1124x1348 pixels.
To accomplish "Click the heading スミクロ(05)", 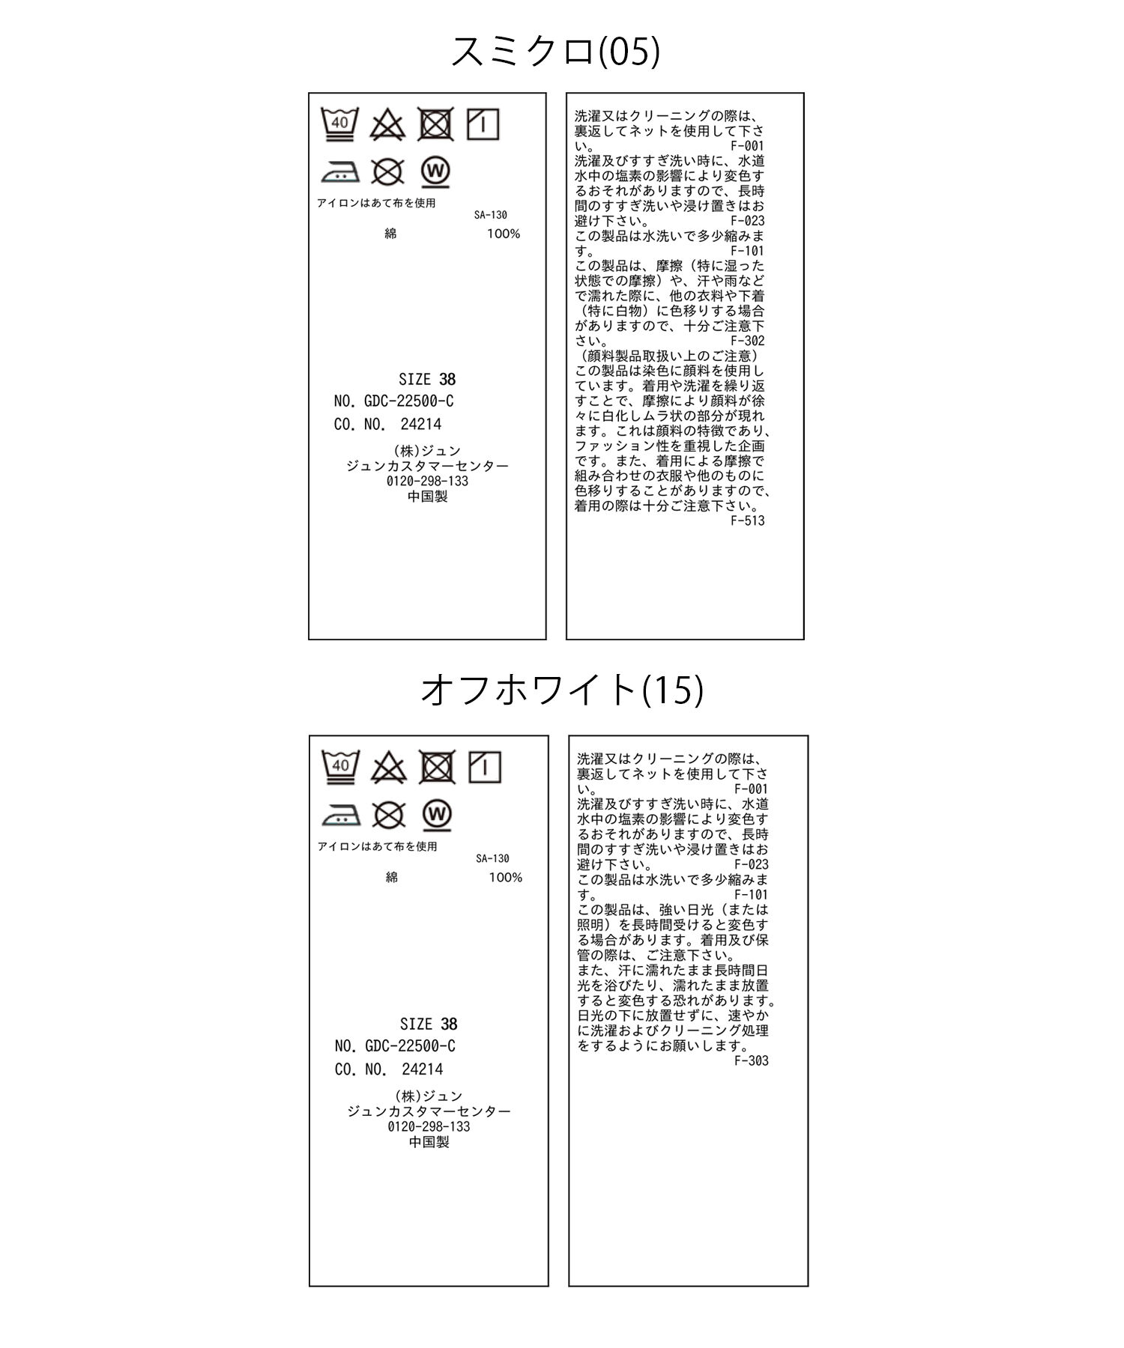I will point(555,52).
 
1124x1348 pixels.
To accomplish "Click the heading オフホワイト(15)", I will point(562,690).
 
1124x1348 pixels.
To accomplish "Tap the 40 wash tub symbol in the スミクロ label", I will point(339,124).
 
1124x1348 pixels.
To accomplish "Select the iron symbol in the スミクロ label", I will point(340,172).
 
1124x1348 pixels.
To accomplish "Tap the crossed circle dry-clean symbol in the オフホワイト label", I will point(389,816).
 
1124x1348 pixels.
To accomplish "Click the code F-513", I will point(748,520).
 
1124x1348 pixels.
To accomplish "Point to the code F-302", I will point(748,341).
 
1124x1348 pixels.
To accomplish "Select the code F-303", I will point(751,1060).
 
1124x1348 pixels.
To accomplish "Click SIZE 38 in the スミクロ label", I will point(427,379).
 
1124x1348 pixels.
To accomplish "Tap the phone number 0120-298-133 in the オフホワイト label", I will point(429,1127).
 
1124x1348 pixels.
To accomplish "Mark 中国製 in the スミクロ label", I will point(427,497).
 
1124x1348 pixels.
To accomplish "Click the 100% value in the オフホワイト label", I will point(505,877).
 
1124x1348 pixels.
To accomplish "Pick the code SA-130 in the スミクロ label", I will point(490,215).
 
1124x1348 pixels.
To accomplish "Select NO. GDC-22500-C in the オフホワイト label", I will point(395,1046).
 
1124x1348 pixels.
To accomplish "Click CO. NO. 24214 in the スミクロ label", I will point(387,424).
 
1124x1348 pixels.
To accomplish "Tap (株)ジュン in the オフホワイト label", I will point(429,1096).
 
